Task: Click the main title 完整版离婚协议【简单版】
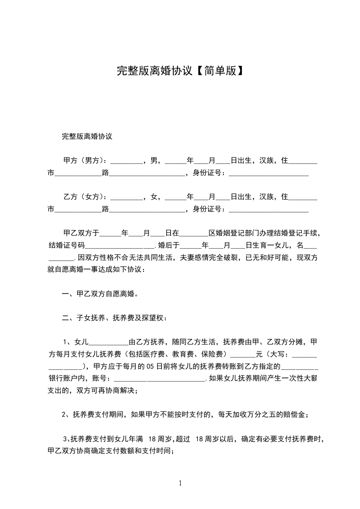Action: [180, 71]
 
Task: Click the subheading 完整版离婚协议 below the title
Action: [87, 136]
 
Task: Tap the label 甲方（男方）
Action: [84, 160]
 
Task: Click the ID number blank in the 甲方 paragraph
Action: [269, 174]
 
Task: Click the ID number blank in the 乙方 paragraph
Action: [269, 210]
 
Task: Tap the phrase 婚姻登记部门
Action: [230, 233]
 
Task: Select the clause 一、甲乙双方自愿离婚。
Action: [100, 294]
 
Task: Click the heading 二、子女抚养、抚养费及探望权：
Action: [114, 318]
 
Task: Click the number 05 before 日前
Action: [152, 366]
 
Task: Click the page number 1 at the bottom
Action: [180, 484]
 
